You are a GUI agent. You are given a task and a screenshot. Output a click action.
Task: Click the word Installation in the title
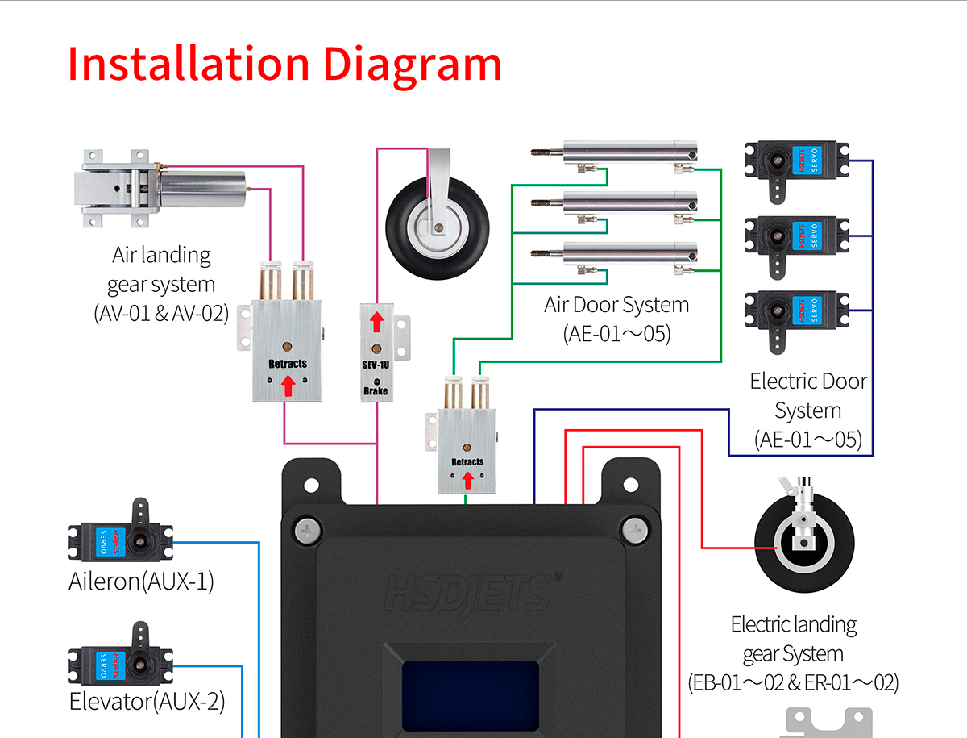189,65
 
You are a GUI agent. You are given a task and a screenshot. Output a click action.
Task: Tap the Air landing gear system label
161,284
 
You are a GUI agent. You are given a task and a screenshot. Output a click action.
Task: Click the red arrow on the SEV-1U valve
376,323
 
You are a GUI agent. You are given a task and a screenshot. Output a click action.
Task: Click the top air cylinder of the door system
629,151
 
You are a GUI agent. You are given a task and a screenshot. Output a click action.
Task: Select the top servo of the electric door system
796,165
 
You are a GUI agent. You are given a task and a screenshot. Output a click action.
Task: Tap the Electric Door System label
808,410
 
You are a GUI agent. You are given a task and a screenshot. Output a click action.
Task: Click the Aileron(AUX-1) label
141,582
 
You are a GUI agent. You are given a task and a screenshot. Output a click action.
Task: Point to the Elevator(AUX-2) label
147,701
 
